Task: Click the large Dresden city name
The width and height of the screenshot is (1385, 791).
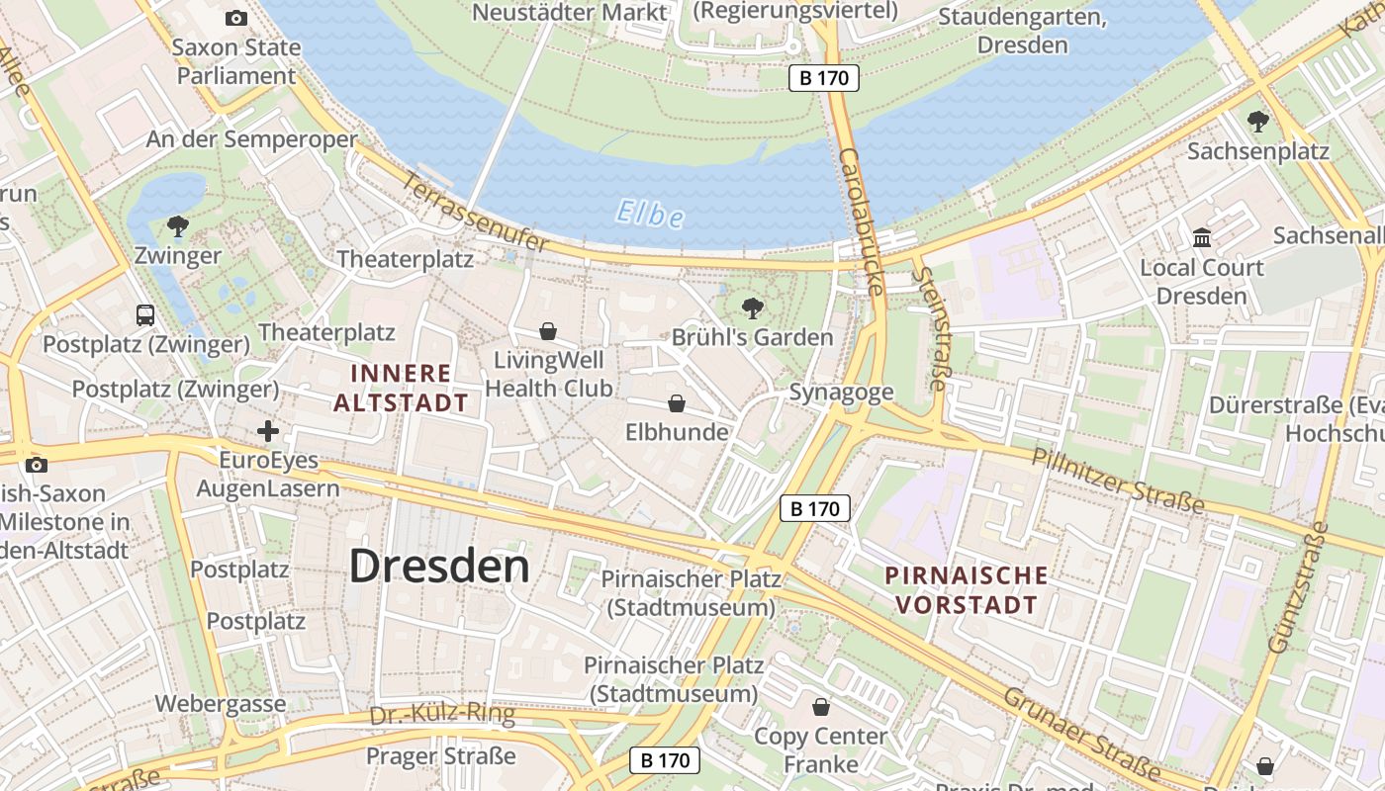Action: pyautogui.click(x=439, y=567)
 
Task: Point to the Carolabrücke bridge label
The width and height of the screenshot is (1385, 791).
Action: pyautogui.click(x=860, y=221)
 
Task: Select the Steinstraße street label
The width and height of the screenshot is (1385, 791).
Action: pyautogui.click(x=929, y=327)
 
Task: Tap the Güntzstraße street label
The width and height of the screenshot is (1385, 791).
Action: pyautogui.click(x=1299, y=589)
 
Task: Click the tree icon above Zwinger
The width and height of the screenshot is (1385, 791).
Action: pyautogui.click(x=178, y=227)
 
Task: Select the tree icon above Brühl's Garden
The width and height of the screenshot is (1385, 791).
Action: pyautogui.click(x=753, y=308)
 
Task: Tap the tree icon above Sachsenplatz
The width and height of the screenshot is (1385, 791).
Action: pyautogui.click(x=1257, y=123)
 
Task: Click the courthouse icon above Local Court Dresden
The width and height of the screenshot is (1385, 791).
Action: pyautogui.click(x=1202, y=238)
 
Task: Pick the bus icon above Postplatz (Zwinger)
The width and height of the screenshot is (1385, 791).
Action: pyautogui.click(x=145, y=315)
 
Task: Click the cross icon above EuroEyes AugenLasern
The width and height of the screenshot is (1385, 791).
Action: pyautogui.click(x=267, y=431)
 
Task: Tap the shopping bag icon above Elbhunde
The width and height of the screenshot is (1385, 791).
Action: pyautogui.click(x=677, y=403)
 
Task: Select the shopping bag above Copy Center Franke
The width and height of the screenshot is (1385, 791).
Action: pyautogui.click(x=820, y=707)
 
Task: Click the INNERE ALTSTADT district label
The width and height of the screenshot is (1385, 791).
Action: pyautogui.click(x=401, y=388)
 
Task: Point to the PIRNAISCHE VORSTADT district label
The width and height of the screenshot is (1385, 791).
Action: pyautogui.click(x=966, y=589)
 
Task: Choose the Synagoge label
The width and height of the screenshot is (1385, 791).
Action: pyautogui.click(x=841, y=393)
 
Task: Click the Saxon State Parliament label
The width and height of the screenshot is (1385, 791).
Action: pyautogui.click(x=235, y=61)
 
